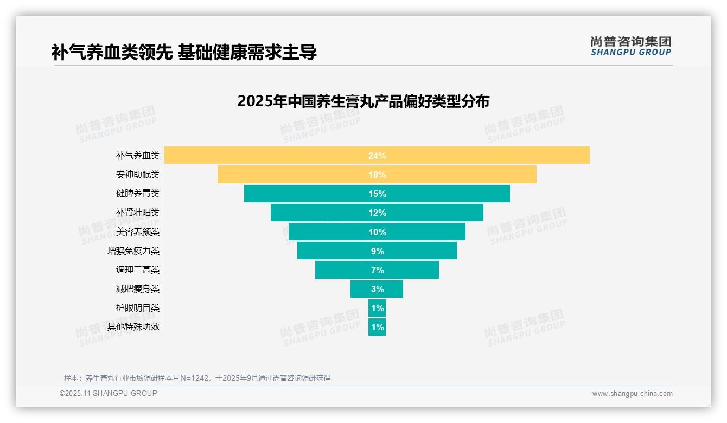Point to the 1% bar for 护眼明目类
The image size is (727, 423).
point(377,308)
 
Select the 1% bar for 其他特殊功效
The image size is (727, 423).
point(377,327)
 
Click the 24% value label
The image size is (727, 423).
point(377,156)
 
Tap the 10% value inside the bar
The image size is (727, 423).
point(377,232)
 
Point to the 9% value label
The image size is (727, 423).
point(377,251)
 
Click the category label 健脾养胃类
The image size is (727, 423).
point(138,194)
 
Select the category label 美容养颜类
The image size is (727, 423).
point(138,232)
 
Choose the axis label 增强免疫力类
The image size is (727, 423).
point(133,251)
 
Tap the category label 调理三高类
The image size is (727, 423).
point(138,270)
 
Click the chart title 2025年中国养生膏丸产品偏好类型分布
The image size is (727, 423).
point(363,101)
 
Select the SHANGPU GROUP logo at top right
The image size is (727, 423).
point(630,46)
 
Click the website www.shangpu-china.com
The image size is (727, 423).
point(632,394)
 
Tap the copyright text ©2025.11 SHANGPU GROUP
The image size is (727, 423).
point(108,393)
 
